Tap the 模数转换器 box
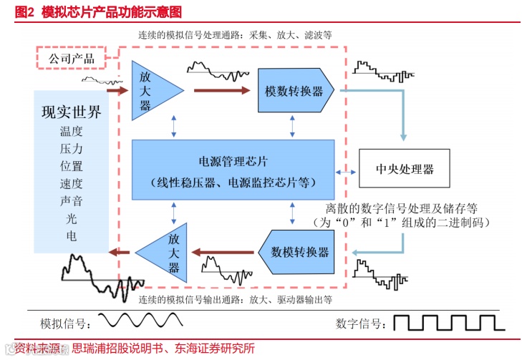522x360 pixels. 294,91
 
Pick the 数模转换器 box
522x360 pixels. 301,252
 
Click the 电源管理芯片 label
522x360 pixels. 233,162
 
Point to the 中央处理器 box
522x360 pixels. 405,170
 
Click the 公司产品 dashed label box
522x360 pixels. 71,58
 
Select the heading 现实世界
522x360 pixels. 71,112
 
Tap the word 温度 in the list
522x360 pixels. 71,131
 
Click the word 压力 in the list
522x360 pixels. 71,149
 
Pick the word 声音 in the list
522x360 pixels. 71,201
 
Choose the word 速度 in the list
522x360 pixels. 71,184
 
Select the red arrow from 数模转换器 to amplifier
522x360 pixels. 221,251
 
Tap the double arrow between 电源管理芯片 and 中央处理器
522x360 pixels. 347,172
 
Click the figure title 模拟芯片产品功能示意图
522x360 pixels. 112,11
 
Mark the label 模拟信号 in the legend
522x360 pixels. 65,323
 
